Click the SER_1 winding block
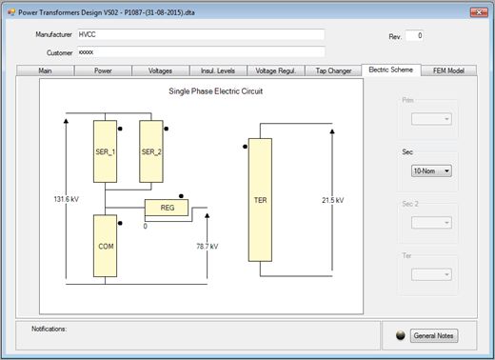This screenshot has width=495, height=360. [x=105, y=151]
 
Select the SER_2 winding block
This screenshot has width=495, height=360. [x=151, y=151]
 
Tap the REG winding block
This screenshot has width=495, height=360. [x=167, y=208]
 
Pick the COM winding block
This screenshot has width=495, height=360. [x=105, y=246]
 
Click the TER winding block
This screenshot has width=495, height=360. [x=260, y=200]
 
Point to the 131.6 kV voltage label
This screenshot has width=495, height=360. [x=67, y=199]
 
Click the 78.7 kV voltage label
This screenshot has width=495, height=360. [x=208, y=247]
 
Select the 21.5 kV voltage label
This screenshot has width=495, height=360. [x=333, y=200]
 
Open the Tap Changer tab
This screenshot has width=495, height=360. [x=333, y=70]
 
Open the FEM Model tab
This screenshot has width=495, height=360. [x=448, y=70]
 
